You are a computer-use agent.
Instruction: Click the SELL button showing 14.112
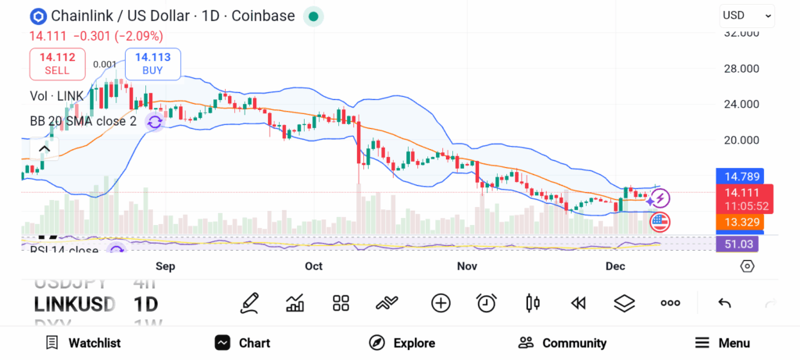[57, 63]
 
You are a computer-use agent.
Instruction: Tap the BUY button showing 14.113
[152, 63]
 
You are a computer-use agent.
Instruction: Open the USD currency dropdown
[747, 15]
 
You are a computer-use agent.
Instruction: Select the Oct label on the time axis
[313, 266]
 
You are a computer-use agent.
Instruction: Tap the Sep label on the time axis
[165, 266]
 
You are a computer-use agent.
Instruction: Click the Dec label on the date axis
[615, 266]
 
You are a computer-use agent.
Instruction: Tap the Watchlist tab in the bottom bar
[84, 343]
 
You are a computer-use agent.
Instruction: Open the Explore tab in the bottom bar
[402, 343]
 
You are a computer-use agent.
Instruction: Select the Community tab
[562, 343]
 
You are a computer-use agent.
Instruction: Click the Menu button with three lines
[723, 343]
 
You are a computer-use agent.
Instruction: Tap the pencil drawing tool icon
[250, 303]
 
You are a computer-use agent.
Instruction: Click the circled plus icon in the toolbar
[441, 303]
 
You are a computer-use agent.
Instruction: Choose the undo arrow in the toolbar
[724, 303]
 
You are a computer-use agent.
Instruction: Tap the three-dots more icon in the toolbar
[670, 303]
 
